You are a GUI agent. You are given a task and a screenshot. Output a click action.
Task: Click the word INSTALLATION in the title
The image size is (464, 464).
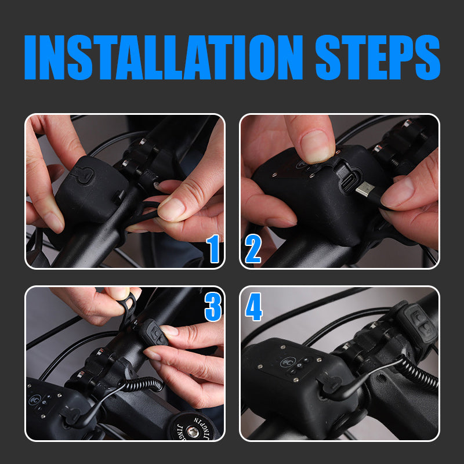164,57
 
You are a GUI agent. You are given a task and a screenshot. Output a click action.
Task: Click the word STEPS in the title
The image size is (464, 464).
378,57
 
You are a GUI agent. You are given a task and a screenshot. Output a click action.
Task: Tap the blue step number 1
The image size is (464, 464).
213,249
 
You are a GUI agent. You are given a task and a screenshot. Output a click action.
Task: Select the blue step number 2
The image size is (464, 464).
253,249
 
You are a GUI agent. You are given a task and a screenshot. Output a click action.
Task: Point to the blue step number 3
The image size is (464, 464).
213,307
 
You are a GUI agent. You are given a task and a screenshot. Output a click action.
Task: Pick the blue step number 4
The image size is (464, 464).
253,307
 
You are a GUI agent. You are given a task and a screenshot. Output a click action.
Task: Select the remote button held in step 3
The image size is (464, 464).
154,332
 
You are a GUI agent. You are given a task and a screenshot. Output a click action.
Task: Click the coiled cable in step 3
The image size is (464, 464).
142,385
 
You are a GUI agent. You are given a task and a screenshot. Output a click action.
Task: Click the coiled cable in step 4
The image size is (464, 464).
417,372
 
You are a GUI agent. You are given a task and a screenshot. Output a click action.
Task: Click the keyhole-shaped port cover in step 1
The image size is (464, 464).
84,175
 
